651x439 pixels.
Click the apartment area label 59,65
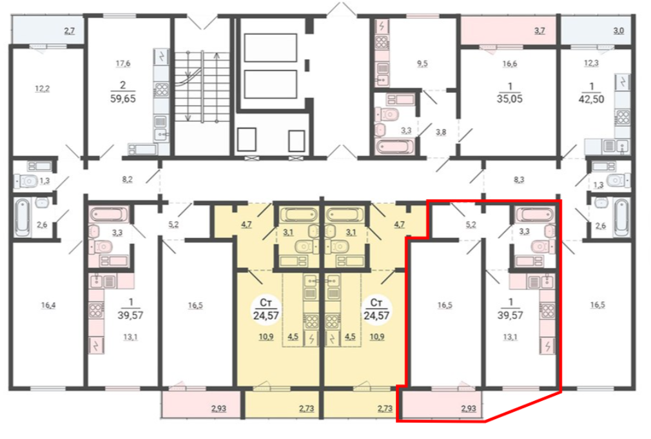tap(123, 99)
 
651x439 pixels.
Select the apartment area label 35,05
tap(509, 99)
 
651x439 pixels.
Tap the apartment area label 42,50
tap(591, 99)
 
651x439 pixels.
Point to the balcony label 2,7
tap(70, 31)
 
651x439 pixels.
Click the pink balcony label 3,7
tap(539, 31)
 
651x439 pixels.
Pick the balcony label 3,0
tap(618, 31)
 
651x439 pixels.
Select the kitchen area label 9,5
tap(422, 64)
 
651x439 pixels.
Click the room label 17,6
tap(123, 64)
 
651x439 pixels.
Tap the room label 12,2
tap(42, 88)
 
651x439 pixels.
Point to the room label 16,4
tap(48, 306)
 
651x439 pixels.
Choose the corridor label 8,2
tap(127, 179)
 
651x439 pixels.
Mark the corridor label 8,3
tap(519, 179)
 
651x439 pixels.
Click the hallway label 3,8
tap(441, 132)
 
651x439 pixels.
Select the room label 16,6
tap(509, 64)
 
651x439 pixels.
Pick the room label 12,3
tap(591, 63)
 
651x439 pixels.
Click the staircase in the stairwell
tap(202, 86)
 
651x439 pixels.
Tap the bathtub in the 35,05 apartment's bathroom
tap(394, 147)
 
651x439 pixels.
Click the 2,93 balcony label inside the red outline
tap(469, 409)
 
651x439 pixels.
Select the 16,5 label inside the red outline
tap(445, 306)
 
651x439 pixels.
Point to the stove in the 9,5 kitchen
tap(382, 42)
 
